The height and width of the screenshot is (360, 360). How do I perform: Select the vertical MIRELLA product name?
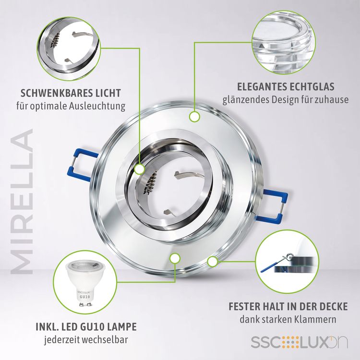point(22,202)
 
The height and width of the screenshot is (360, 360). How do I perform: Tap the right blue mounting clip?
point(275,204)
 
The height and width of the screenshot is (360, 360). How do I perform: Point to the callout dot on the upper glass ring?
point(194,117)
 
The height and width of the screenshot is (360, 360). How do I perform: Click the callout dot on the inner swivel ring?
point(139,169)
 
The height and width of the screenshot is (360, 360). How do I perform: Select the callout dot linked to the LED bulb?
point(175,258)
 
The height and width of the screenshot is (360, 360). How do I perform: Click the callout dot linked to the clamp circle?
point(212,262)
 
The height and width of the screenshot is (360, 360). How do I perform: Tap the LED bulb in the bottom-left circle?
point(85,283)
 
